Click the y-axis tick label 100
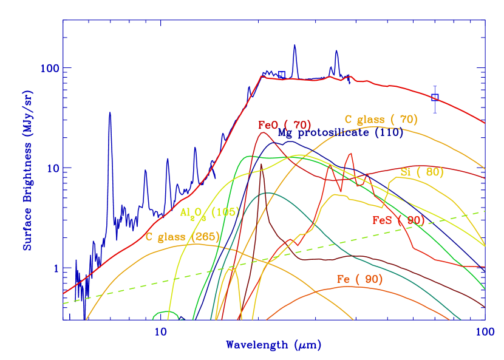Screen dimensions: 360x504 pos(50,68)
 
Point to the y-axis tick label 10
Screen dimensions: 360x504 pos(52,168)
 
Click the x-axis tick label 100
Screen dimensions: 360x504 pos(484,331)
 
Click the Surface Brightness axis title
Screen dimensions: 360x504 pos(28,171)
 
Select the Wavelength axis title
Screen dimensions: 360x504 pos(273,345)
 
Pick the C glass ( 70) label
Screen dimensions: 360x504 pos(381,120)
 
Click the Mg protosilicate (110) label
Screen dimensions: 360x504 pos(340,133)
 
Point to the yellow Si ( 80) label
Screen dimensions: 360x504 pos(422,172)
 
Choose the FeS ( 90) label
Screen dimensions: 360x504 pos(398,220)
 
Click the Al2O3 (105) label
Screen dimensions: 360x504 pos(210,212)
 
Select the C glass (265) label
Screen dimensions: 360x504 pos(182,236)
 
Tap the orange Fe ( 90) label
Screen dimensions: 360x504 pos(359,279)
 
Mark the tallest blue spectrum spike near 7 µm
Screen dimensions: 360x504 pos(110,112)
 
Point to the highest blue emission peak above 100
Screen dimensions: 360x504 pos(295,46)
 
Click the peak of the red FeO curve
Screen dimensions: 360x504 pos(262,133)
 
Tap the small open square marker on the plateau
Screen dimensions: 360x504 pos(282,75)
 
